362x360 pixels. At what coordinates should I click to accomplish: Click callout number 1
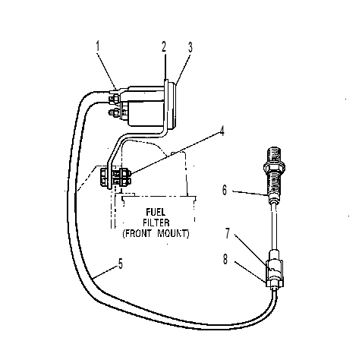[x=98, y=46]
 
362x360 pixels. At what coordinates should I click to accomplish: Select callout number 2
[x=164, y=46]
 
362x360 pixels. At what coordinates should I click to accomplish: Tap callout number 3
[x=190, y=47]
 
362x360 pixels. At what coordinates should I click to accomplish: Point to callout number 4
[x=222, y=131]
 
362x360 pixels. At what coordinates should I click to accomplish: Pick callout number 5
[x=121, y=264]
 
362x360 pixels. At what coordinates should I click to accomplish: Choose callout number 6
[x=225, y=190]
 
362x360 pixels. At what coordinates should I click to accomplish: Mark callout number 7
[x=228, y=233]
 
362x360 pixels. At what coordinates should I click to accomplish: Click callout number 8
[x=225, y=259]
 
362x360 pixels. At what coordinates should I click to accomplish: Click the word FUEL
[x=156, y=212]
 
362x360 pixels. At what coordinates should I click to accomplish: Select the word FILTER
[x=156, y=223]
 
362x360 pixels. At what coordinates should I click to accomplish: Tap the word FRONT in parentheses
[x=137, y=233]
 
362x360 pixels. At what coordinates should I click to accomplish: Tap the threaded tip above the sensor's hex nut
[x=274, y=154]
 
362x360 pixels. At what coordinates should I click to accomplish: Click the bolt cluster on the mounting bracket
[x=115, y=176]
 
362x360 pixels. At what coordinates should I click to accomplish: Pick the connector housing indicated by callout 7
[x=274, y=269]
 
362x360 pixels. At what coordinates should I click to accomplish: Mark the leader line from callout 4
[x=175, y=153]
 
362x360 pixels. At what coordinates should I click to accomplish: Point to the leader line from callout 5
[x=106, y=273]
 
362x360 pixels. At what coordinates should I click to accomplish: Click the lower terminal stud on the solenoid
[x=114, y=112]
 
